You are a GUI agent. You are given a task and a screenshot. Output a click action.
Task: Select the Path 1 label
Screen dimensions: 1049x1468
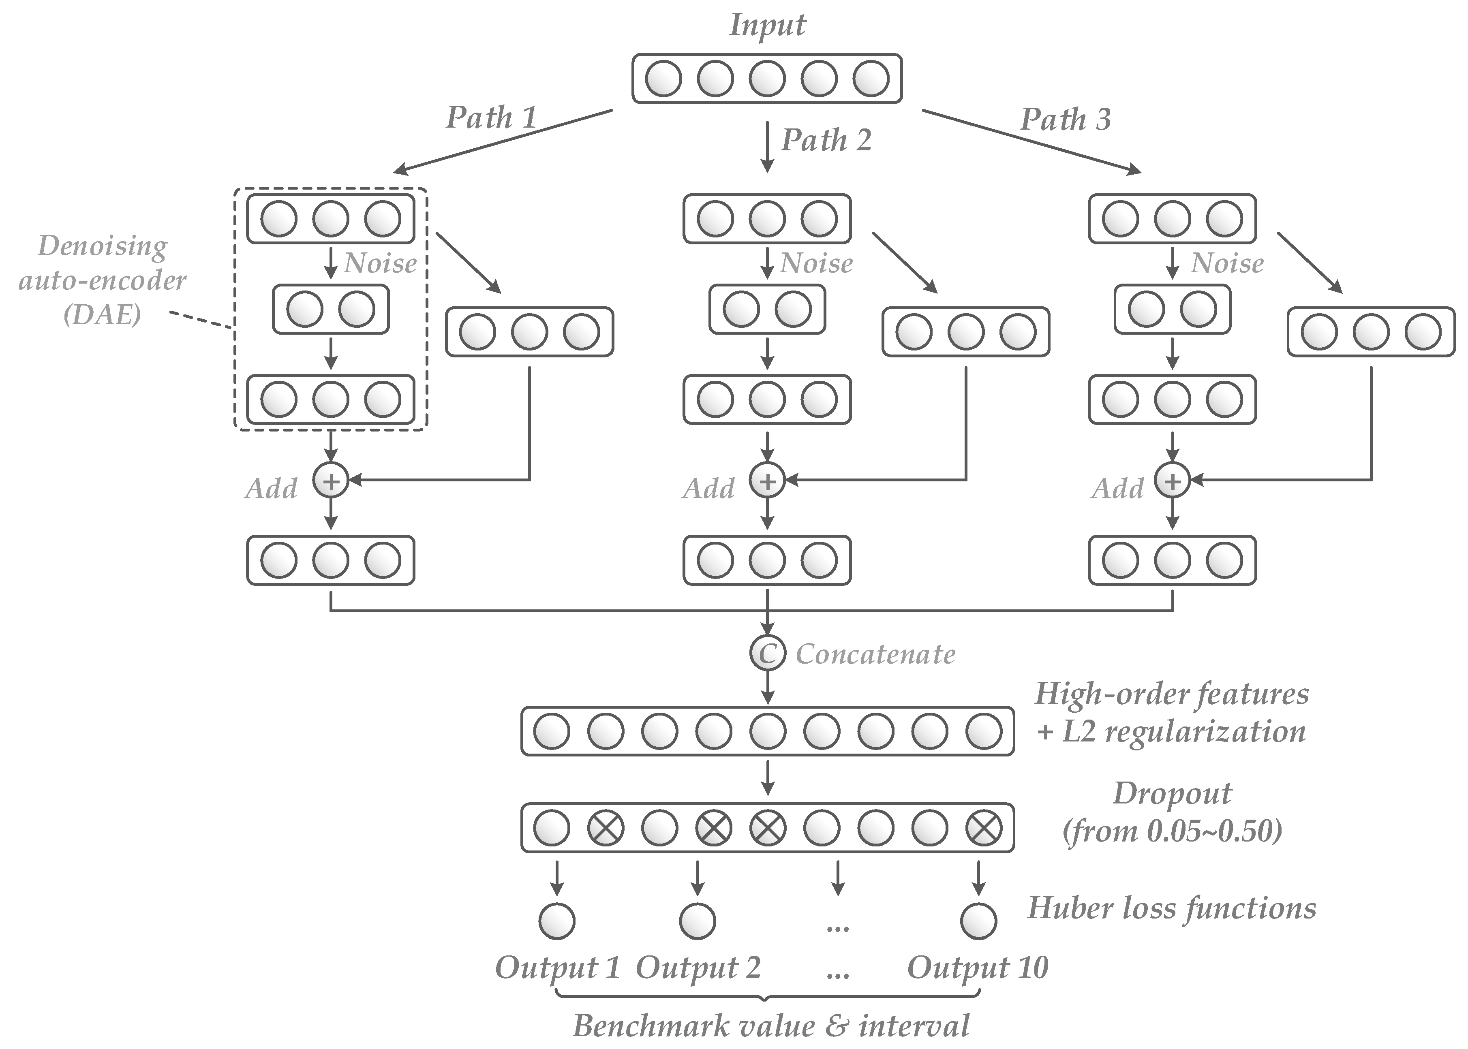click(x=491, y=118)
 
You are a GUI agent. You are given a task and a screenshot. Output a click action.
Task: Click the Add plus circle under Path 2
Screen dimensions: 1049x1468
click(x=767, y=481)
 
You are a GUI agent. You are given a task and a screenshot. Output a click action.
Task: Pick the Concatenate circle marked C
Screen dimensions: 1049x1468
click(x=767, y=653)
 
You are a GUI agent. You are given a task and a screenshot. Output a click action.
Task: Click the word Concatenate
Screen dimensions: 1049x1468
click(x=875, y=654)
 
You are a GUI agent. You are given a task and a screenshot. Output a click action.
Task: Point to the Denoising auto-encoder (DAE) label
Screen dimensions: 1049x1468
click(x=103, y=280)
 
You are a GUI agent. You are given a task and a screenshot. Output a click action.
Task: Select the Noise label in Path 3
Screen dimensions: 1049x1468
click(x=1226, y=263)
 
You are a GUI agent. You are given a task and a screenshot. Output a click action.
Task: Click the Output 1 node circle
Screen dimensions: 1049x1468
click(x=556, y=921)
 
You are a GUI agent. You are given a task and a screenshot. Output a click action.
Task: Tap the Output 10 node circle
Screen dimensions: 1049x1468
click(x=978, y=921)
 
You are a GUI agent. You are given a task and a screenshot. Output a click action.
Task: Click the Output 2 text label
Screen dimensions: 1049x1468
click(x=698, y=968)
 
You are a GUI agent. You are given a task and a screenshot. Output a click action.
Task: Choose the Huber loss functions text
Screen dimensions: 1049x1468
click(x=1171, y=908)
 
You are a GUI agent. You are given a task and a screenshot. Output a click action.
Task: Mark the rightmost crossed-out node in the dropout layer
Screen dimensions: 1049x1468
click(x=983, y=827)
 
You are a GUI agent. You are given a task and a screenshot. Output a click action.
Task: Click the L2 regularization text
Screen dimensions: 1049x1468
click(x=1171, y=732)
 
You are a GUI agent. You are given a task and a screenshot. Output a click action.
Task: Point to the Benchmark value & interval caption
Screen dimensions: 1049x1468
click(x=771, y=1026)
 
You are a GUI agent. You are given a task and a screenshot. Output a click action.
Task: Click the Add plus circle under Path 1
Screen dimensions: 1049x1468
click(x=331, y=481)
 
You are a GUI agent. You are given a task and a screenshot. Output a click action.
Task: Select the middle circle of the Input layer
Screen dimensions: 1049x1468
click(x=767, y=79)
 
